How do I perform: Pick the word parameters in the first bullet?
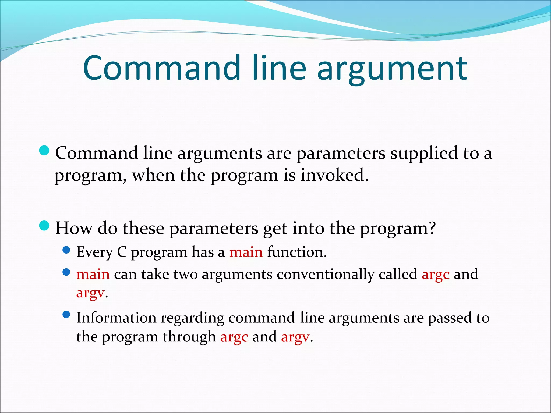click(341, 154)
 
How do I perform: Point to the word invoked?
click(334, 175)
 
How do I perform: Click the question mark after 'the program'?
click(432, 228)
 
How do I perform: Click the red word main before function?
click(246, 252)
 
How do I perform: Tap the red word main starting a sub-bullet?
click(93, 274)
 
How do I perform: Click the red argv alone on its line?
click(90, 293)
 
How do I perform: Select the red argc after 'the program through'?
click(234, 337)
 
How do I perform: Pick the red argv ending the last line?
click(295, 337)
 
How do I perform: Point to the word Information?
click(116, 318)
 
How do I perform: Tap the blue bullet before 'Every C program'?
click(66, 250)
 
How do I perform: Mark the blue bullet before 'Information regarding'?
click(66, 314)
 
